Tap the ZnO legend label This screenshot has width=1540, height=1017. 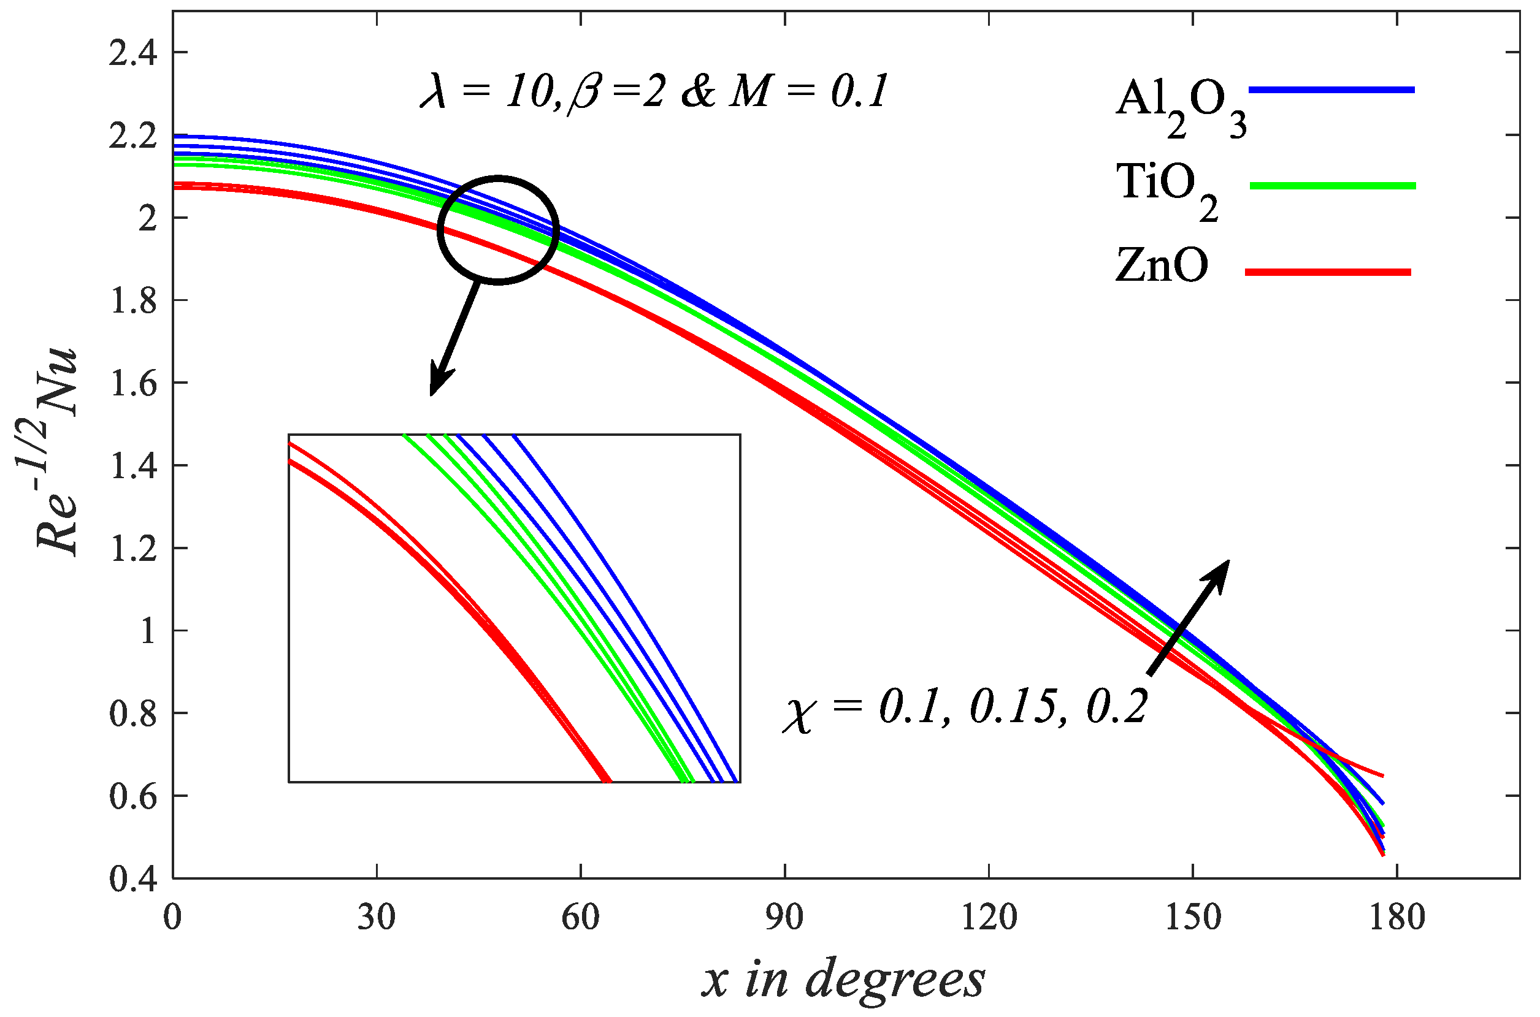pyautogui.click(x=1161, y=266)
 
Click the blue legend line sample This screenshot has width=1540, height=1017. pyautogui.click(x=1331, y=90)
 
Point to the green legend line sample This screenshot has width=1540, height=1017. pyautogui.click(x=1333, y=186)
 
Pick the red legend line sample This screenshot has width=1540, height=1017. pyautogui.click(x=1328, y=272)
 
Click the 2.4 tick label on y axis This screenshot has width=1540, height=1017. pyautogui.click(x=133, y=53)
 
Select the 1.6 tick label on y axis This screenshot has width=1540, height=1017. pyautogui.click(x=133, y=383)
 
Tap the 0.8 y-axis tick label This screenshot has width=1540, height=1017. pyautogui.click(x=133, y=714)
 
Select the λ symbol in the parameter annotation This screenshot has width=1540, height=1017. pyautogui.click(x=434, y=93)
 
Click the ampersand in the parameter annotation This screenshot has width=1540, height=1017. pyautogui.click(x=699, y=93)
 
